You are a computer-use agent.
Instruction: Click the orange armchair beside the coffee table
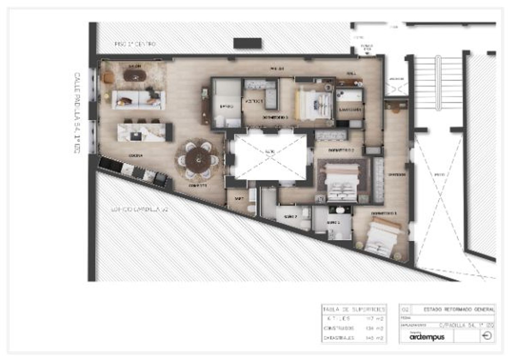(x=108, y=77)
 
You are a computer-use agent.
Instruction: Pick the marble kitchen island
(x=142, y=132)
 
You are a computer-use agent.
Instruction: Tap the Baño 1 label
(x=333, y=222)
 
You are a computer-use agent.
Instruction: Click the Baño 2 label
(x=290, y=217)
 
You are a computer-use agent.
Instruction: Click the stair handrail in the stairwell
(x=438, y=83)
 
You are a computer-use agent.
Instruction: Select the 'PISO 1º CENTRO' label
(x=135, y=44)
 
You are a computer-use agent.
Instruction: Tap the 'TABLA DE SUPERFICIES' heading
(x=354, y=309)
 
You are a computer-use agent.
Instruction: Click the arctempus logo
(x=427, y=337)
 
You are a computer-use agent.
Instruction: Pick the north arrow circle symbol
(x=487, y=336)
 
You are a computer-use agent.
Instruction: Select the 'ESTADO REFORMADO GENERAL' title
(x=459, y=309)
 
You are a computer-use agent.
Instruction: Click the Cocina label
(x=135, y=155)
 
